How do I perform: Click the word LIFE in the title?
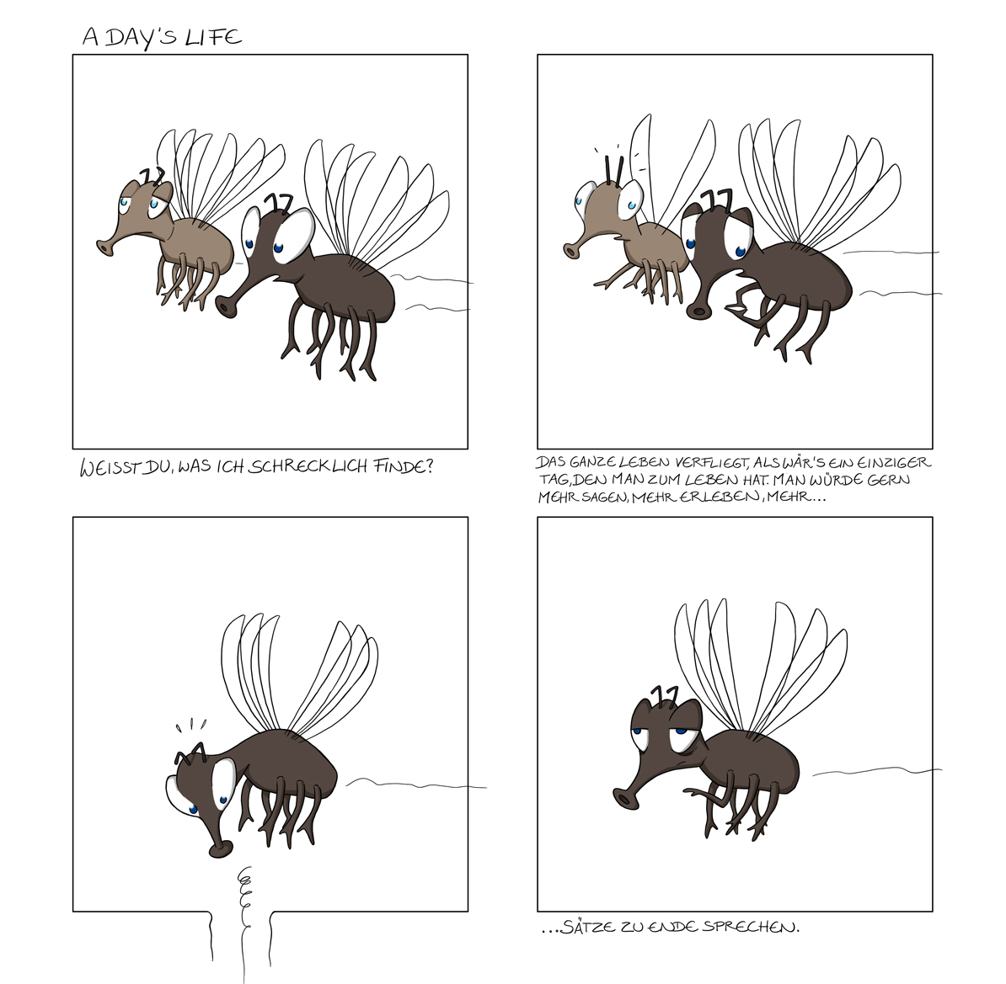[217, 37]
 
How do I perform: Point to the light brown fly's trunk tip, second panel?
[572, 249]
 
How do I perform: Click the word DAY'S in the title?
[143, 37]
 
